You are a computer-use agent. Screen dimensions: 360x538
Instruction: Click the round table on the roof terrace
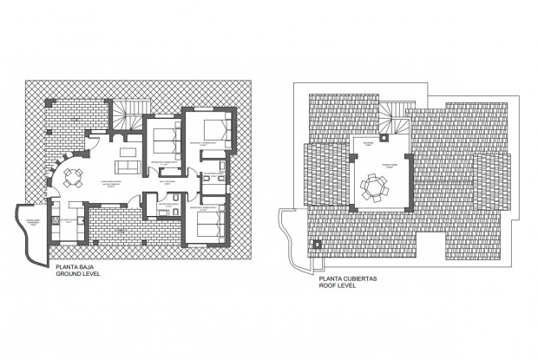(376, 186)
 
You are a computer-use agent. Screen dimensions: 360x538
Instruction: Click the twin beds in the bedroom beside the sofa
(166, 140)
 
